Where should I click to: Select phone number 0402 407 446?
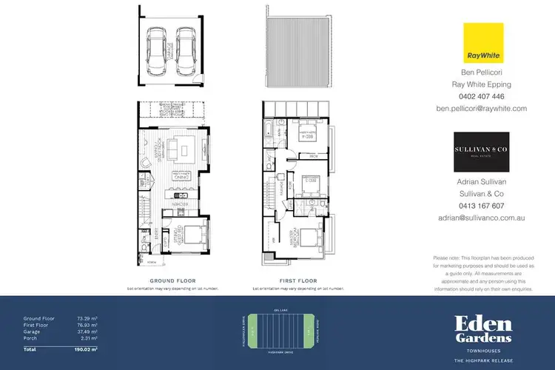tap(481, 96)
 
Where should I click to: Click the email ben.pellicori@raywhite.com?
tap(481, 108)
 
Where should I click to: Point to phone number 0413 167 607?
tap(481, 206)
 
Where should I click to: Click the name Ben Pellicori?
tap(481, 73)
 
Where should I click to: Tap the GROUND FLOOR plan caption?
tap(172, 281)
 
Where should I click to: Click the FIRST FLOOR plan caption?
tap(298, 281)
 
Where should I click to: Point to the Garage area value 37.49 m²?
tap(88, 332)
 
